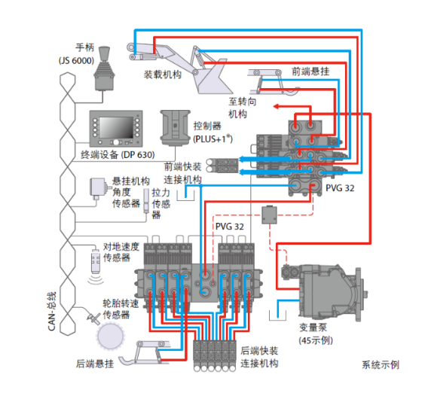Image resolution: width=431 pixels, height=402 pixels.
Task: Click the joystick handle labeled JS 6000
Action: coord(104,69)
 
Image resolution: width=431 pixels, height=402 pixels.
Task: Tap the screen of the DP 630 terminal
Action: coord(116,127)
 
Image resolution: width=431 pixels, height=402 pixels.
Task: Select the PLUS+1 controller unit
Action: coord(176,128)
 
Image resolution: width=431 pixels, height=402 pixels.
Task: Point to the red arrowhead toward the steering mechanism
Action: coord(276,107)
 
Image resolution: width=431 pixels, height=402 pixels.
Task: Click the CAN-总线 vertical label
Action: coord(52,311)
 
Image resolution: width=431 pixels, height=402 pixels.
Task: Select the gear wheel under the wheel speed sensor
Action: coord(111,336)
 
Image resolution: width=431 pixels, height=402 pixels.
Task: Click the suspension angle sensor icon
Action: coord(98,188)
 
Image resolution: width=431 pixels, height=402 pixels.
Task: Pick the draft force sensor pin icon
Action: coord(147,201)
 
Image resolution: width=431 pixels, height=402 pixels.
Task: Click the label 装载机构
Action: coord(163,75)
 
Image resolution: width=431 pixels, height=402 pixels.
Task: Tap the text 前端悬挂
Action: coord(310,72)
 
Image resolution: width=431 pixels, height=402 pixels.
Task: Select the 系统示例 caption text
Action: coord(381,364)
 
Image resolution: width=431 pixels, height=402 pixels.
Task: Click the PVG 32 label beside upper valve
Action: coord(340,188)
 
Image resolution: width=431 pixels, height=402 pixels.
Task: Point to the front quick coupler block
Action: coord(222,166)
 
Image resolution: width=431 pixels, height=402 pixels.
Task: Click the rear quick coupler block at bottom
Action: coord(215,356)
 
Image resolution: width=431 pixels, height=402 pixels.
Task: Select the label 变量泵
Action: coord(313,327)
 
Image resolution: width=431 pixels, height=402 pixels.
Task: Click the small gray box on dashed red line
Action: coord(269,215)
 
